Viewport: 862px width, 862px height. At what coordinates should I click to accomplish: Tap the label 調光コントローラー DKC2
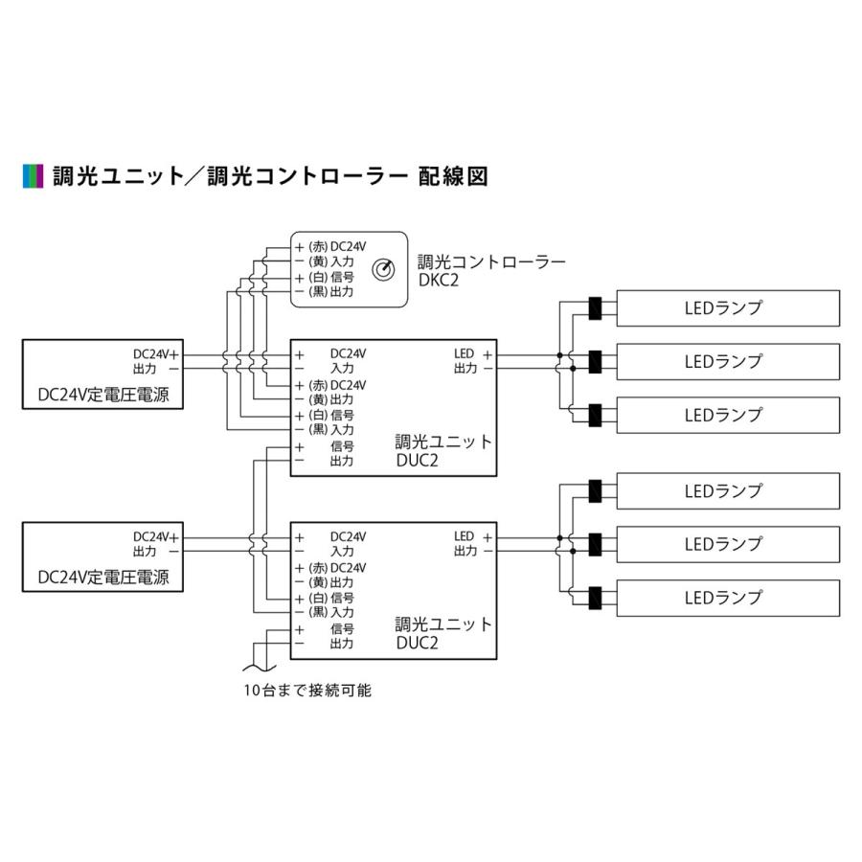tap(491, 269)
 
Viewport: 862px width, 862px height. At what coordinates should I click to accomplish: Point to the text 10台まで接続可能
tap(306, 690)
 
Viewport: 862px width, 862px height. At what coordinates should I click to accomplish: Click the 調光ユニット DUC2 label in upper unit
tap(443, 451)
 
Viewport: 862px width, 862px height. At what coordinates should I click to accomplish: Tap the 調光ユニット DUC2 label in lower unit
tap(443, 634)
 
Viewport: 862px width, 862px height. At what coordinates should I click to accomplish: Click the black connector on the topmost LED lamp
tap(595, 308)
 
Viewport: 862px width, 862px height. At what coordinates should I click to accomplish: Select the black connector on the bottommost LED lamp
tap(595, 598)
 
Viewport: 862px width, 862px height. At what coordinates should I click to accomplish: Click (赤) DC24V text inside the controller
tap(337, 246)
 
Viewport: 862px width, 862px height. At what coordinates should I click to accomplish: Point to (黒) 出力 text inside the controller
tap(330, 291)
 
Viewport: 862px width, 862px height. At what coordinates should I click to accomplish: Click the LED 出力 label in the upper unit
tap(471, 360)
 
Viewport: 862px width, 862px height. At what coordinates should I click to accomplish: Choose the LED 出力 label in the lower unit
tap(471, 543)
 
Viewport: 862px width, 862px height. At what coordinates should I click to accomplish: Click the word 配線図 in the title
tap(454, 176)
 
